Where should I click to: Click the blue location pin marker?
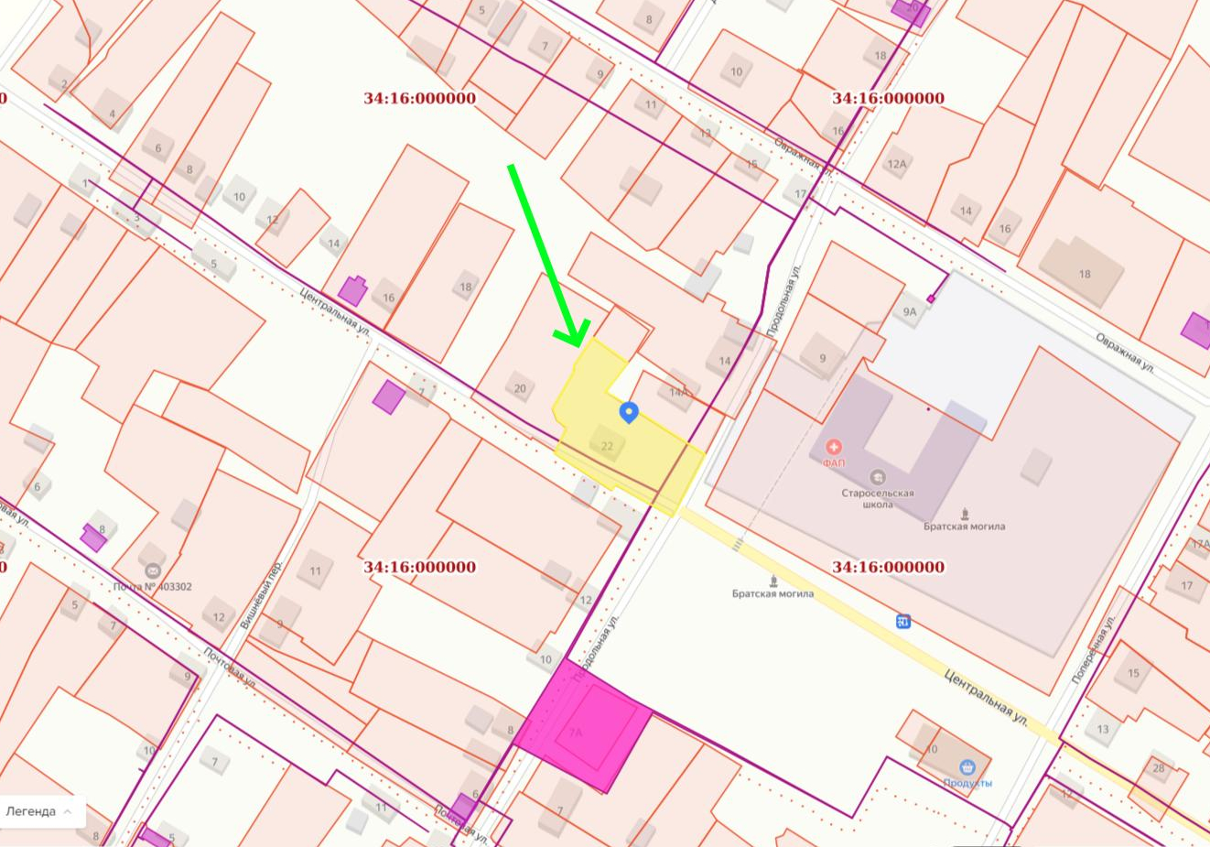628,412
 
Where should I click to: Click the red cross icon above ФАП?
833,447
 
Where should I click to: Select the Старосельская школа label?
877,498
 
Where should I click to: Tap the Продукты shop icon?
967,766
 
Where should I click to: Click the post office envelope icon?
152,570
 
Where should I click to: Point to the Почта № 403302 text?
152,587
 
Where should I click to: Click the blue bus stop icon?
903,623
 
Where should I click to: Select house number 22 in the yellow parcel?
607,446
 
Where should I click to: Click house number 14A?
678,392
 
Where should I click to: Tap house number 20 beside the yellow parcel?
520,388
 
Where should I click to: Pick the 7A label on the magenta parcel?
576,733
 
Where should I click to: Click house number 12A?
896,164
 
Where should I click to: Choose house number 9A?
909,312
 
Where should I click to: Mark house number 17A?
1199,545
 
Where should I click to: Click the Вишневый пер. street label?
260,594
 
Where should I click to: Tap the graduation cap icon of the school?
877,477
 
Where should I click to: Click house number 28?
1159,768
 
